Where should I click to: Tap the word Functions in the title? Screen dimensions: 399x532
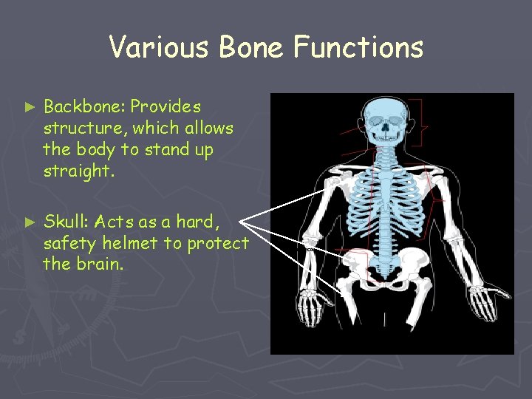pos(358,47)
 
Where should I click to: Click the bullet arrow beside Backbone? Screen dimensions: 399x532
pos(30,108)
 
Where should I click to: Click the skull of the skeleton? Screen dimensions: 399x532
pos(387,119)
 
